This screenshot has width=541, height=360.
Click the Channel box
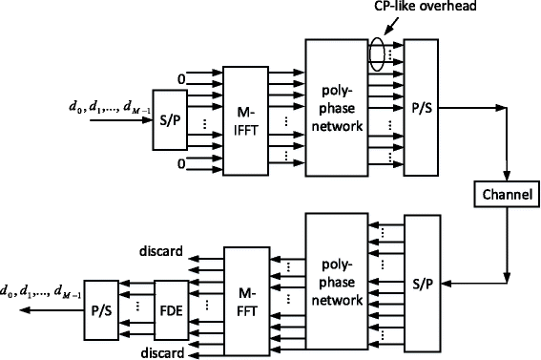click(502, 197)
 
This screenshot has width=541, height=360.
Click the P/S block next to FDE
click(99, 312)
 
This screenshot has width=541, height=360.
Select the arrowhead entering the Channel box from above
click(503, 179)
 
